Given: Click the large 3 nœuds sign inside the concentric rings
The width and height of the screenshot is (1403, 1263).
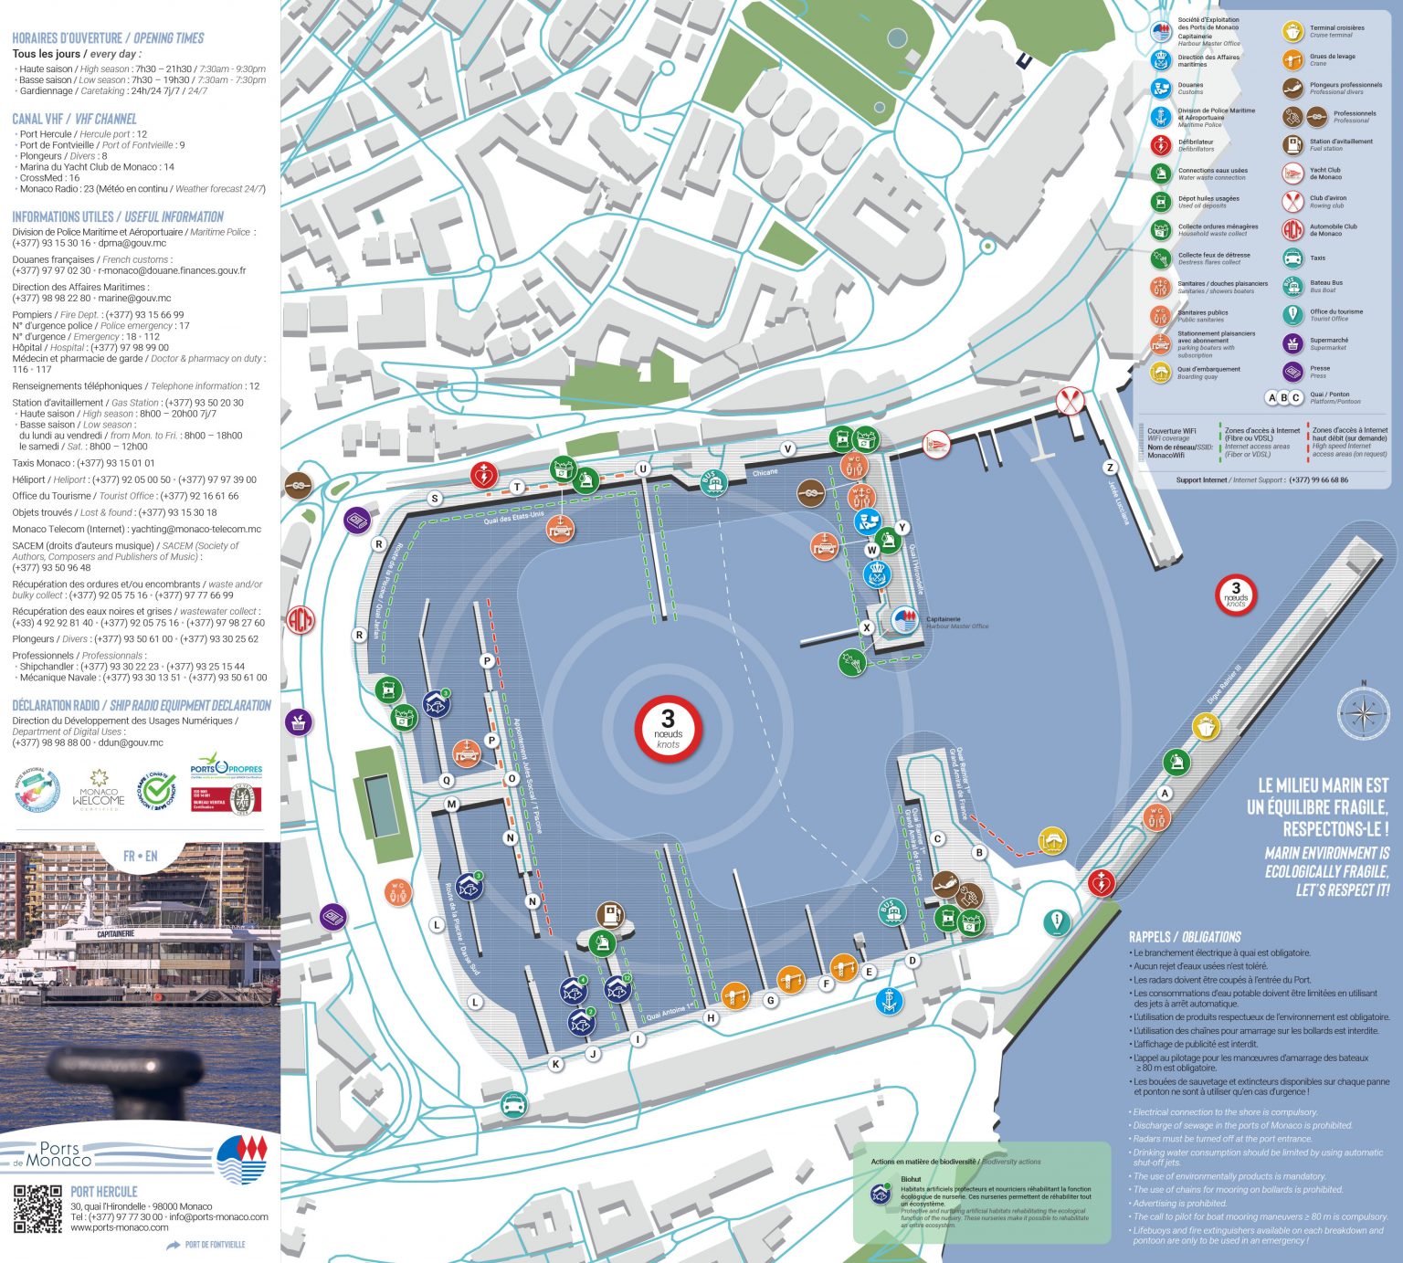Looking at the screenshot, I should pyautogui.click(x=668, y=730).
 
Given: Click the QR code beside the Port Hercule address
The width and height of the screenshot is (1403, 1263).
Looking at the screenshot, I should pyautogui.click(x=37, y=1208).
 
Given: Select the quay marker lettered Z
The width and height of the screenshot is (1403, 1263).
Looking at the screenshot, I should pyautogui.click(x=1111, y=468).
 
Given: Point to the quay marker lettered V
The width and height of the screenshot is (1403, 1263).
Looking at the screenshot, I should pyautogui.click(x=788, y=448).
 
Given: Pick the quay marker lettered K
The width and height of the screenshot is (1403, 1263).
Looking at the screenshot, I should pyautogui.click(x=555, y=1064).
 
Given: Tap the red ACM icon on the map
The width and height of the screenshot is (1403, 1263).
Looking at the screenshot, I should pyautogui.click(x=300, y=620).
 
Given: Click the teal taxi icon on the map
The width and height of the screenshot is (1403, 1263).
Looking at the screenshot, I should pyautogui.click(x=514, y=1106).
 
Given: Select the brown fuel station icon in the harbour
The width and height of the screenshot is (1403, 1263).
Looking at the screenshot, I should pyautogui.click(x=609, y=914).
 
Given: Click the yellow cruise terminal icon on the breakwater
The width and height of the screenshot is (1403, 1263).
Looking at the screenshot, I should pyautogui.click(x=1206, y=727).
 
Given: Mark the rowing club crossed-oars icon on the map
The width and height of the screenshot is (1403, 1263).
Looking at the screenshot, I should pyautogui.click(x=1070, y=400).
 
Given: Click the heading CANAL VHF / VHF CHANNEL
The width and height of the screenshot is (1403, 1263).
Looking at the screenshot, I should pyautogui.click(x=74, y=119).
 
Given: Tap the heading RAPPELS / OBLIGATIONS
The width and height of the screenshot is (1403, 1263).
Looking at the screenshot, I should pyautogui.click(x=1184, y=937).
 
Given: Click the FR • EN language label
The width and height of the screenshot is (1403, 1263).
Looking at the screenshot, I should pyautogui.click(x=140, y=856).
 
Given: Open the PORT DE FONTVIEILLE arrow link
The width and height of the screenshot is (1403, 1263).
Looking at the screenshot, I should pyautogui.click(x=206, y=1245).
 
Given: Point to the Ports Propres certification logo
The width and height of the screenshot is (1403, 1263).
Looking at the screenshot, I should pyautogui.click(x=226, y=766).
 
